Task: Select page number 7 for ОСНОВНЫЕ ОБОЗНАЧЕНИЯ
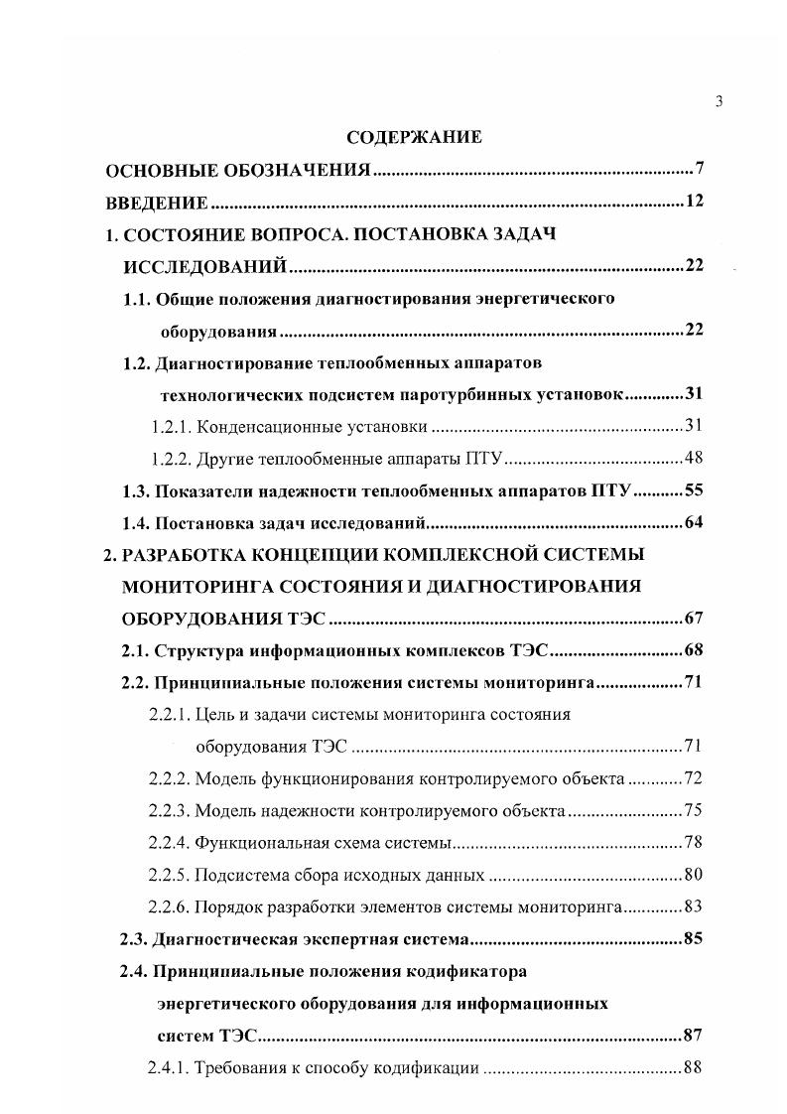[x=699, y=169]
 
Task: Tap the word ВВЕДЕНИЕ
[x=157, y=204]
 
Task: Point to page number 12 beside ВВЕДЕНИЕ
[x=694, y=203]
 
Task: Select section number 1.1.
[x=135, y=299]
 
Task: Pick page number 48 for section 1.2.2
[x=694, y=459]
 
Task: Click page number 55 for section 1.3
[x=694, y=490]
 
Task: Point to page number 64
[x=694, y=522]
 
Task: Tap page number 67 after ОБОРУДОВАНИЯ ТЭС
[x=694, y=619]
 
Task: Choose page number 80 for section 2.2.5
[x=694, y=875]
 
